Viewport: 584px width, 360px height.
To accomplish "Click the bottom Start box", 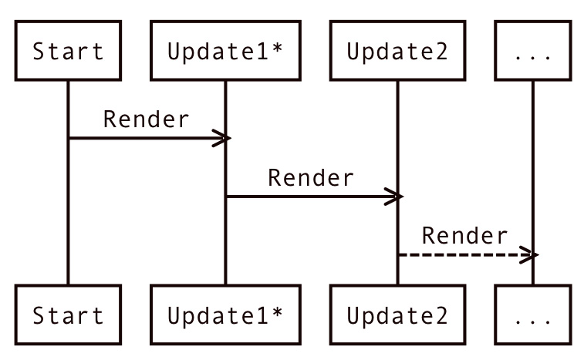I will pos(68,315).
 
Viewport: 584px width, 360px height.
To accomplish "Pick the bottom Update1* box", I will pos(225,315).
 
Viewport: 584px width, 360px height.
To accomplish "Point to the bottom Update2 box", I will pos(397,315).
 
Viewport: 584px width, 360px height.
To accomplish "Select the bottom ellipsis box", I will pos(532,315).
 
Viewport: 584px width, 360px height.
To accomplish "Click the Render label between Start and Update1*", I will pos(146,119).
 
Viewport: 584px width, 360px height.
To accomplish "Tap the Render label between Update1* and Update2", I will pos(311,178).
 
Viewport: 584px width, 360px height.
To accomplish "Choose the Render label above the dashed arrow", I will pos(465,236).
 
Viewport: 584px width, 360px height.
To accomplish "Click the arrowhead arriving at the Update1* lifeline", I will pos(221,138).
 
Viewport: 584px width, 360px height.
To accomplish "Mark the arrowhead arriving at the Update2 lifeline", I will pos(393,197).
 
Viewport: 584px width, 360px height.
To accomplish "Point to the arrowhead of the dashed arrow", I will pos(528,254).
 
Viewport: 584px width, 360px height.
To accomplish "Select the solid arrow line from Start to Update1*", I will pos(139,138).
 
